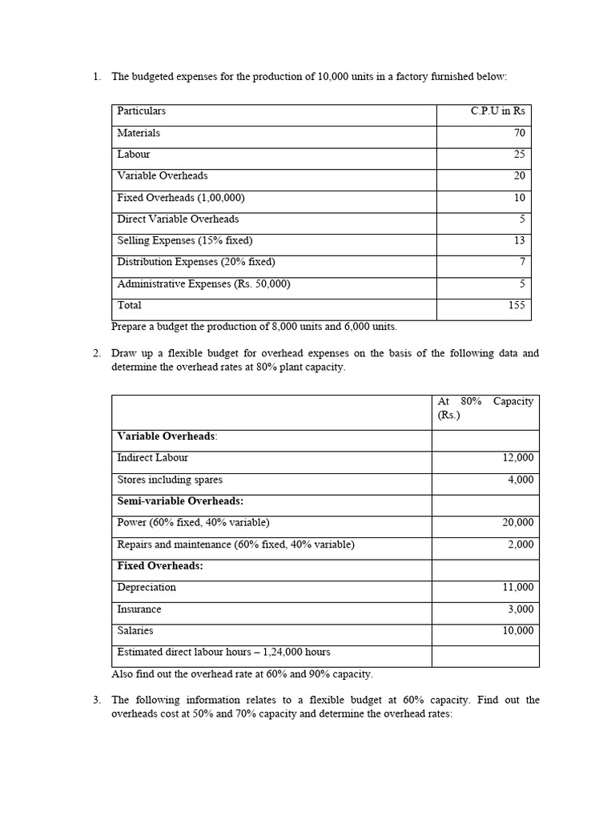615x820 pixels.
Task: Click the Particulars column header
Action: coord(142,111)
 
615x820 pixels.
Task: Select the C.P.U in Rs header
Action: coord(498,111)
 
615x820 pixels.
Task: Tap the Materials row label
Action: coord(139,133)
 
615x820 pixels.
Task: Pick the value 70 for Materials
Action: coord(520,133)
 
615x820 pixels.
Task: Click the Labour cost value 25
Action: coord(520,155)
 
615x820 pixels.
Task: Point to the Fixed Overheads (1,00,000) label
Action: coord(181,197)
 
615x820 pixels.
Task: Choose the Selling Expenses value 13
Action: coord(520,240)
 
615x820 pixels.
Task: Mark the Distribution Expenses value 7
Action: coord(522,262)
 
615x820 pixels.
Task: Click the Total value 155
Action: coord(517,305)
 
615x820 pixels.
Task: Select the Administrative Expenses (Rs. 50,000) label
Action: coord(203,283)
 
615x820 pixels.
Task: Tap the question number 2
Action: coord(96,353)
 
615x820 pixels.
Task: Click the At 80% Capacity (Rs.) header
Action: coord(485,408)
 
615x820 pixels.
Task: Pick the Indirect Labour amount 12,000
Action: coord(517,458)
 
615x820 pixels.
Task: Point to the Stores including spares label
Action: coord(170,480)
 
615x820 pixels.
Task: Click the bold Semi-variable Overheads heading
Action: coord(180,501)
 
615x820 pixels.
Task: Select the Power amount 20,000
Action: coord(517,523)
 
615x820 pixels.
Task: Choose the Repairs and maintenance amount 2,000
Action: coord(521,545)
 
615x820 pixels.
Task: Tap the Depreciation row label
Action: coord(147,587)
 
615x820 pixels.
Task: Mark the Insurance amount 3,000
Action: coord(521,609)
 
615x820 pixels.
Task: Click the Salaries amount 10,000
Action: coord(517,631)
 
